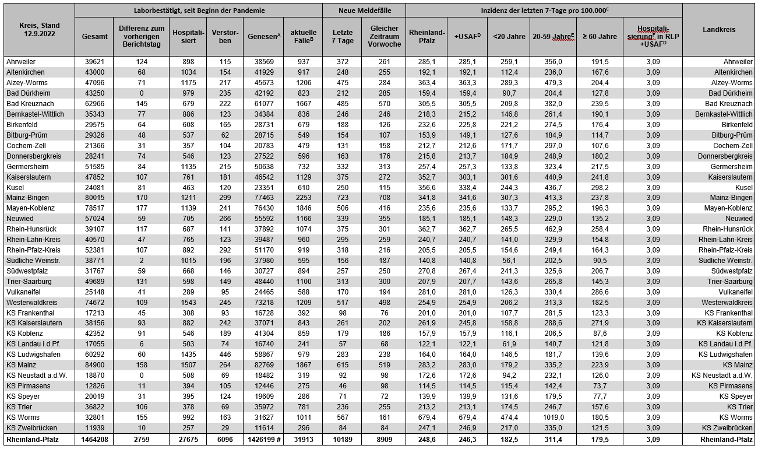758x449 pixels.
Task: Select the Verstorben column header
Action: (x=225, y=36)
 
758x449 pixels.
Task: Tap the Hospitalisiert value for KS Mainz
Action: (x=188, y=365)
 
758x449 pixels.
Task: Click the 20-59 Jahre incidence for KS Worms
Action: (x=553, y=418)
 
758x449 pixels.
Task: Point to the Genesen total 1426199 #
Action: (x=263, y=439)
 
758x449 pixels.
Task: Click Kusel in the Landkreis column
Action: (x=743, y=187)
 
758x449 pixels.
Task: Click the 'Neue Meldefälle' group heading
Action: (x=364, y=10)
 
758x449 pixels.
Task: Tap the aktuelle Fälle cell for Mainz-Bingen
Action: (x=304, y=198)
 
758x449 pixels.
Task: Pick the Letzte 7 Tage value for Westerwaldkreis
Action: (x=342, y=303)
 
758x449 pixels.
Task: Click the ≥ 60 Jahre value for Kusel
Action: (x=599, y=187)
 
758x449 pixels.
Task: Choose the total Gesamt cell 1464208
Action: (x=94, y=439)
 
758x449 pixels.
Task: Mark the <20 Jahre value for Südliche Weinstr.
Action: (x=509, y=261)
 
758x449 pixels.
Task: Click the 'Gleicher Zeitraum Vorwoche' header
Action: (x=384, y=36)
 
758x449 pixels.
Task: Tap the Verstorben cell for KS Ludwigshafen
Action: (x=225, y=355)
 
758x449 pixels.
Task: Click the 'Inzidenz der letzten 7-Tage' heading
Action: (x=544, y=10)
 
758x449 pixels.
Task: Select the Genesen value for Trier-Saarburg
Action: (x=263, y=282)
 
